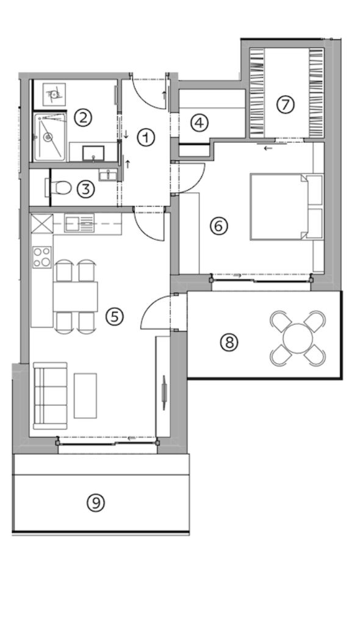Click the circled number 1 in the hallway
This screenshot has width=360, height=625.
point(146,137)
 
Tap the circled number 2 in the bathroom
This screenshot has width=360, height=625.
point(83,118)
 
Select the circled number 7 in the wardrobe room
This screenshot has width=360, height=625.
point(285,104)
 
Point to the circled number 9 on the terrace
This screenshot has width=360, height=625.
point(96,503)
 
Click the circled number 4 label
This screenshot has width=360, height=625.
point(199,123)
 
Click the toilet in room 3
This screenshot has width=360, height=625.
point(59,188)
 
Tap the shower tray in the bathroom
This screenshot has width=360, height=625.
point(49,137)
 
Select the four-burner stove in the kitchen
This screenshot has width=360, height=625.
point(42,257)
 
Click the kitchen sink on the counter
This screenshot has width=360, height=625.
point(79,223)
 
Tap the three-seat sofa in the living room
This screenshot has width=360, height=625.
point(50,396)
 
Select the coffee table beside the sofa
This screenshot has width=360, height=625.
point(85,396)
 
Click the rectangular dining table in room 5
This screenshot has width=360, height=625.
point(75,297)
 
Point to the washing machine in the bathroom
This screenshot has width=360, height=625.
point(54,93)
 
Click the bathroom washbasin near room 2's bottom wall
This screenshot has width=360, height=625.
point(93,153)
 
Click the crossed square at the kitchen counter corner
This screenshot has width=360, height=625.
point(42,223)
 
